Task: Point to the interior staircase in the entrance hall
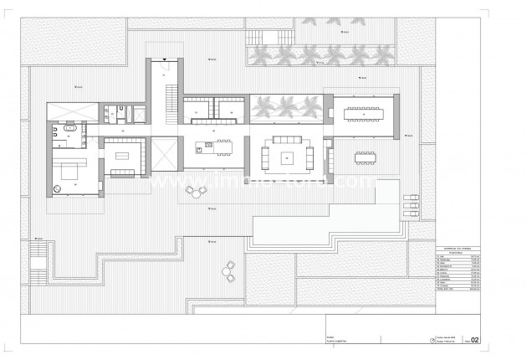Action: (171, 100)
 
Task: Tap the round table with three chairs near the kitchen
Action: (196, 191)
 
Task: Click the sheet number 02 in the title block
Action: (474, 340)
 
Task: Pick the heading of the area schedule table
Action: (457, 250)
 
